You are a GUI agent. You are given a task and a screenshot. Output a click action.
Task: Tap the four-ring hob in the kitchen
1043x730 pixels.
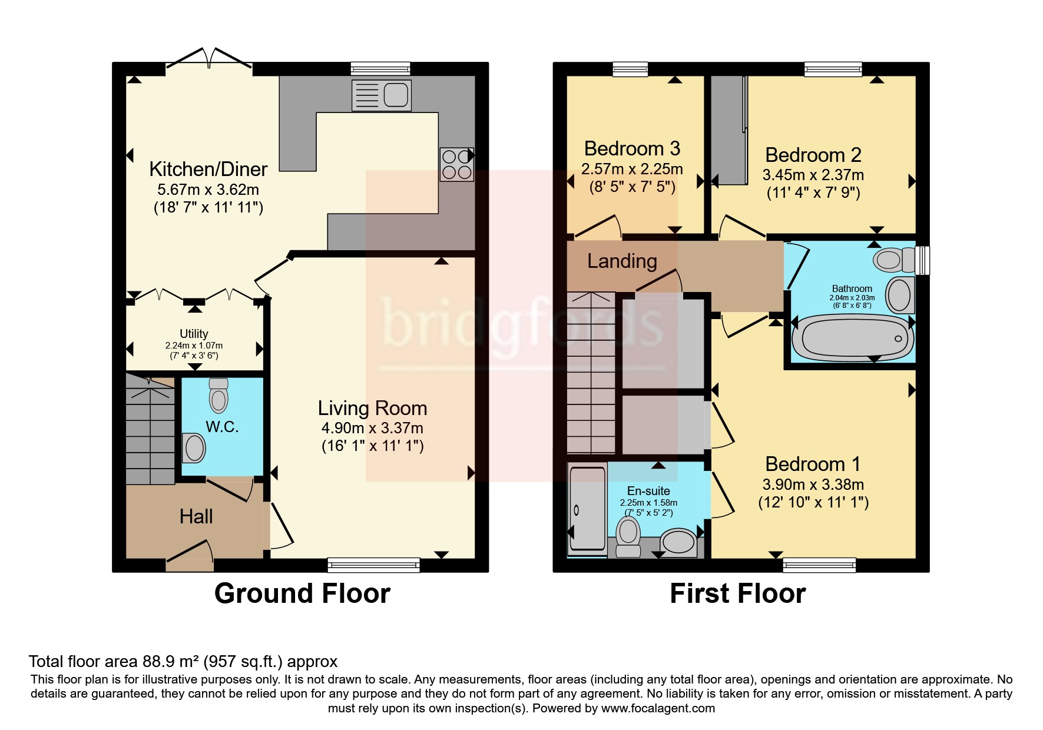[x=457, y=164]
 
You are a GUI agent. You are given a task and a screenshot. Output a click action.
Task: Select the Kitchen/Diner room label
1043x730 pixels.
[x=208, y=170]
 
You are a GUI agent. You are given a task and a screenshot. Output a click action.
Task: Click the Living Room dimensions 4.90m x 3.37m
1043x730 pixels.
[x=372, y=428]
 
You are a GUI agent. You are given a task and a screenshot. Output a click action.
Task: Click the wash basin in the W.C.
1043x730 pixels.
[x=194, y=449]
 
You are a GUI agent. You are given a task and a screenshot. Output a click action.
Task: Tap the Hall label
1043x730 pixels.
[x=196, y=517]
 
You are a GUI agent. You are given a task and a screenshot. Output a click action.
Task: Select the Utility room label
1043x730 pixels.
[x=194, y=334]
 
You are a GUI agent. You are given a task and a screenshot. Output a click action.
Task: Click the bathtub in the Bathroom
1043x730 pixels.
[x=852, y=338]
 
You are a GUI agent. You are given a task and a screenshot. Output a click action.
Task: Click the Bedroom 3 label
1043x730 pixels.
[x=632, y=149]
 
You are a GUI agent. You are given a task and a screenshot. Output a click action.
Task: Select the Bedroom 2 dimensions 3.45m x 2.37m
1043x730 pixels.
[x=813, y=175]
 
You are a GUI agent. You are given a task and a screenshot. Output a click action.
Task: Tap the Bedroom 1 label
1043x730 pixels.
[x=813, y=464]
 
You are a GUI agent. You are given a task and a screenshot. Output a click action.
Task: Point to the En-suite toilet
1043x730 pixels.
[x=628, y=536]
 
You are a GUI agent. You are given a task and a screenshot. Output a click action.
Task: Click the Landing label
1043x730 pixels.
[x=622, y=261]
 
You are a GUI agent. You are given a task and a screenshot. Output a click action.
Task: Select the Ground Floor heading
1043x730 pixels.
[x=302, y=593]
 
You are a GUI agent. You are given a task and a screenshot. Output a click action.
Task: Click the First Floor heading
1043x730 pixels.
[x=737, y=593]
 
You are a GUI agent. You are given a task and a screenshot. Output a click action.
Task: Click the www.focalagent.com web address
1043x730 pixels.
[x=658, y=708]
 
